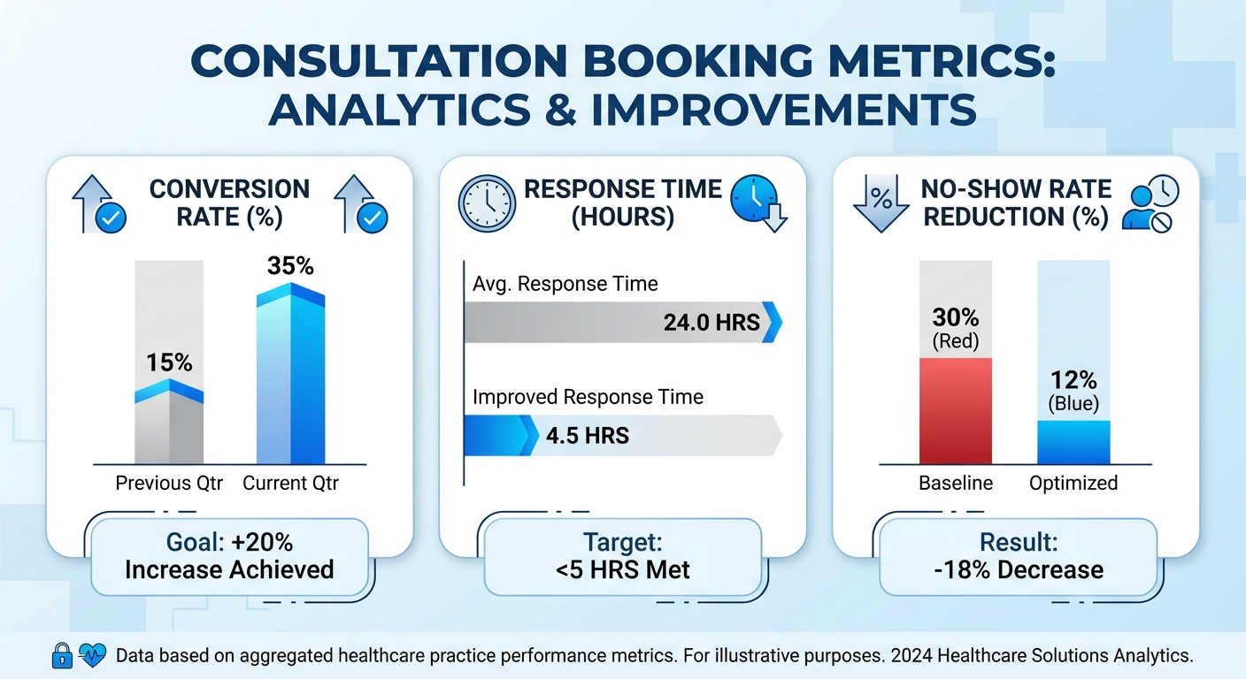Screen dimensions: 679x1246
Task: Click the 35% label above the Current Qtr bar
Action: point(291,266)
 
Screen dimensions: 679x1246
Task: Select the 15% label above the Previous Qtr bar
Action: point(169,362)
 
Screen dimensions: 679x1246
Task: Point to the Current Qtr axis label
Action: point(290,484)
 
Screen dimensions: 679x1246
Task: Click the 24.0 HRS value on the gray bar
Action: point(711,323)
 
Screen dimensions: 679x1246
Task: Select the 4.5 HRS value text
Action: point(588,436)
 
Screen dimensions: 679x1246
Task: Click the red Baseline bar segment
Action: point(956,411)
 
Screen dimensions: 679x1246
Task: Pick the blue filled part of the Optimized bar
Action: point(1073,442)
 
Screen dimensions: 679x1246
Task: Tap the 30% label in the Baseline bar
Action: point(956,317)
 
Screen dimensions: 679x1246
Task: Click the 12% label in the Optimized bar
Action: point(1073,380)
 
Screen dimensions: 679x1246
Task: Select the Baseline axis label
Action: point(956,484)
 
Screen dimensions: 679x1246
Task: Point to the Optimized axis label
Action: point(1073,484)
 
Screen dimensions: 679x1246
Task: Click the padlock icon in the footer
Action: point(62,655)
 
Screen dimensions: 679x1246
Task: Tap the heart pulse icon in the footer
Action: point(91,655)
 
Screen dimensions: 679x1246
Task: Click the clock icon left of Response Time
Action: point(487,203)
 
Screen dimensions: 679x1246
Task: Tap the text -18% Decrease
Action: point(1018,570)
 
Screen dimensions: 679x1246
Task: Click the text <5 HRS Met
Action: point(623,570)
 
